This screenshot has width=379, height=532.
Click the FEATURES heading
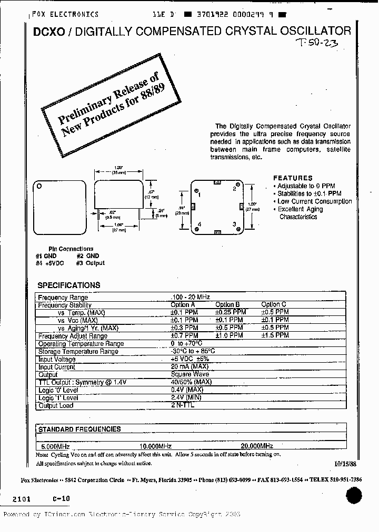pyautogui.click(x=293, y=178)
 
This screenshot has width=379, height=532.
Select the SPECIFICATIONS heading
pyautogui.click(x=68, y=285)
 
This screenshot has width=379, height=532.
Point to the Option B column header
pyautogui.click(x=227, y=304)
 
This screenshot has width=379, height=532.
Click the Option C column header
pyautogui.click(x=274, y=304)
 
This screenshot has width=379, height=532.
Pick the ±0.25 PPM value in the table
pyautogui.click(x=229, y=312)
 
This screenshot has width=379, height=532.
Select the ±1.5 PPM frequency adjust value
pyautogui.click(x=275, y=335)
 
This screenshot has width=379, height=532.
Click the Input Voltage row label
pyautogui.click(x=57, y=359)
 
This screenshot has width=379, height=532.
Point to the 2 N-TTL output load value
pyautogui.click(x=183, y=405)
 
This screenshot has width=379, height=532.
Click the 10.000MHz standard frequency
pyautogui.click(x=155, y=445)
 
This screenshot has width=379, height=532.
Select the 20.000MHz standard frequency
pyautogui.click(x=257, y=445)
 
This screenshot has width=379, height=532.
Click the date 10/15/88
pyautogui.click(x=345, y=464)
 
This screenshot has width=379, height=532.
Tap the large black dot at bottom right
pyautogui.click(x=354, y=495)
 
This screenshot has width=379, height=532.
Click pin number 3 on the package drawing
pyautogui.click(x=234, y=224)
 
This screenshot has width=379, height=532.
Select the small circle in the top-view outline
pyautogui.click(x=38, y=186)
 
